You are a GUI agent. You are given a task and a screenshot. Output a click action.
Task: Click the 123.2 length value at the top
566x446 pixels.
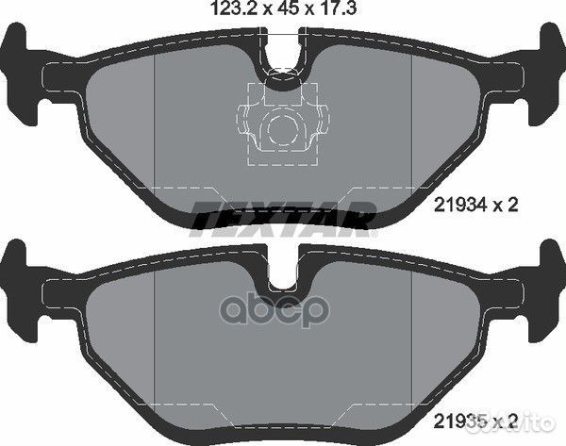[233, 8]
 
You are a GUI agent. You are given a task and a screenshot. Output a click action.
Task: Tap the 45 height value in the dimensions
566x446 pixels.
[287, 8]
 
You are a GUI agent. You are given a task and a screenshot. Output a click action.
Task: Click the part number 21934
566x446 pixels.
[460, 205]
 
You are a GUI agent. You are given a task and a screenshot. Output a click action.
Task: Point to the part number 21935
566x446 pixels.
[460, 421]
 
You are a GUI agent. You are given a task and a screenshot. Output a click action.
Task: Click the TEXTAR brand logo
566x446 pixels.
[283, 219]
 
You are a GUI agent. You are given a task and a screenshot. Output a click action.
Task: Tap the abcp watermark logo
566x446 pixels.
[275, 308]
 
